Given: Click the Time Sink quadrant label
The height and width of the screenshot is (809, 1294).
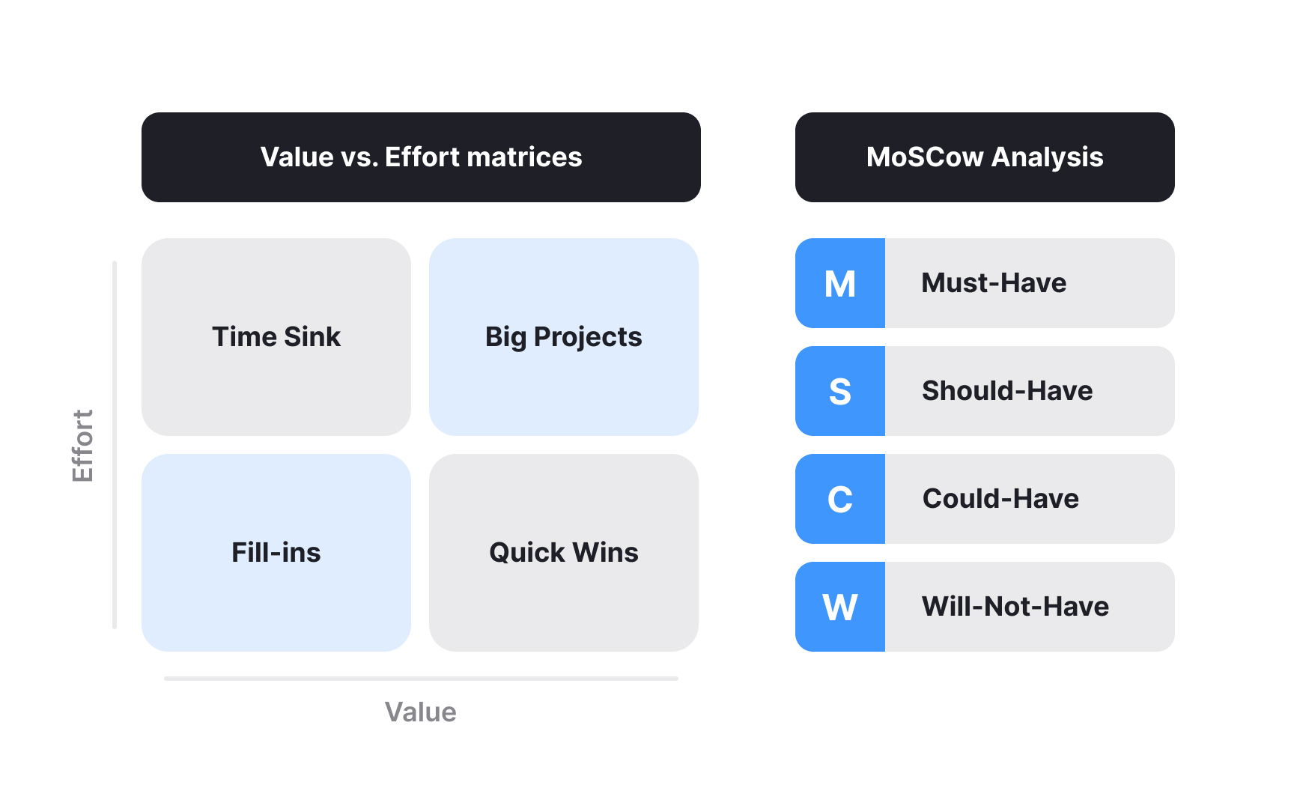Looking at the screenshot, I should click(x=276, y=337).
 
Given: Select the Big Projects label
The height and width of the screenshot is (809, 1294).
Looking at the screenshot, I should click(x=563, y=337).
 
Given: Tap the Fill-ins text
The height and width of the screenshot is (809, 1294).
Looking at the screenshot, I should click(x=276, y=553).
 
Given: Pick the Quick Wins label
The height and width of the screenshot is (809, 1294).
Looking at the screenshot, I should click(x=563, y=553).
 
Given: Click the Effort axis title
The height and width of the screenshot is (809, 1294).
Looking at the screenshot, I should click(x=82, y=446).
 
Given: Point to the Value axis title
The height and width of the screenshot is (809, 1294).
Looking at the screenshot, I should click(x=420, y=712).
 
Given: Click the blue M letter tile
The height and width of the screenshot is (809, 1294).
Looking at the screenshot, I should click(x=840, y=284).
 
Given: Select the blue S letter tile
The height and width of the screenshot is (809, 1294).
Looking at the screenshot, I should click(x=840, y=392).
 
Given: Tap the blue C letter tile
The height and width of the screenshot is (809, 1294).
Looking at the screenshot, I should click(x=840, y=500).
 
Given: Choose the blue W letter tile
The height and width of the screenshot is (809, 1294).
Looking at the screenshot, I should click(x=840, y=607).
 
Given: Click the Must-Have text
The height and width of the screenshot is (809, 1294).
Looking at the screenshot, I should click(x=994, y=283).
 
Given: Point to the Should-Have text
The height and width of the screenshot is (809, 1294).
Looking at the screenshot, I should click(x=1007, y=391).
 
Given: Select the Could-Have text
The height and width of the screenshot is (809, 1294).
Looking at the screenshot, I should click(x=1000, y=499).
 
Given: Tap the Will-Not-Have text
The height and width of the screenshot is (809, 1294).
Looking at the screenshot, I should click(x=1015, y=607).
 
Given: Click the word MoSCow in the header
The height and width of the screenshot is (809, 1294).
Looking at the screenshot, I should click(x=925, y=157).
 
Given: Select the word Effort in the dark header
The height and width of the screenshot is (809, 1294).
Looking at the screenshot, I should click(x=422, y=157).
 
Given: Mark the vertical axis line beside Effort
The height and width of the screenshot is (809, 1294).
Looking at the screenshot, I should click(x=115, y=445).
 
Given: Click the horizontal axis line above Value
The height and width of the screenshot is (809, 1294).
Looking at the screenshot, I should click(x=421, y=679).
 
